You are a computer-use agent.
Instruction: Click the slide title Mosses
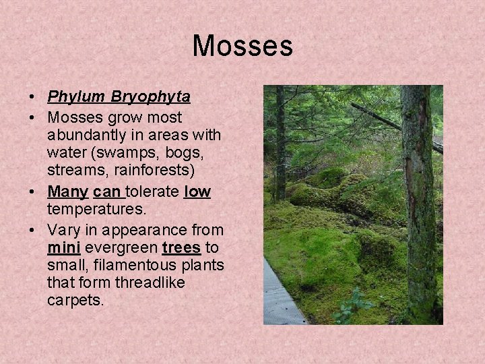pyautogui.click(x=243, y=47)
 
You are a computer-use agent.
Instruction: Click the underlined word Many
pyautogui.click(x=67, y=192)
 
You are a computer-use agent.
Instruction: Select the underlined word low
pyautogui.click(x=197, y=192)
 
